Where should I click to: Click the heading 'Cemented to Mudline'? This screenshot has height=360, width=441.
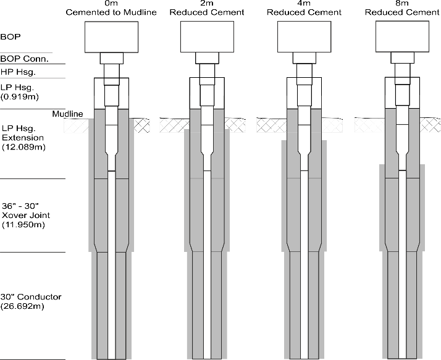[112, 12]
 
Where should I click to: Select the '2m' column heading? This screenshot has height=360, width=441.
[207, 4]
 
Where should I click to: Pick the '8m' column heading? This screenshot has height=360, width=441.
[401, 4]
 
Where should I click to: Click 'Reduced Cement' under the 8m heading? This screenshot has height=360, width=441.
[401, 12]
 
